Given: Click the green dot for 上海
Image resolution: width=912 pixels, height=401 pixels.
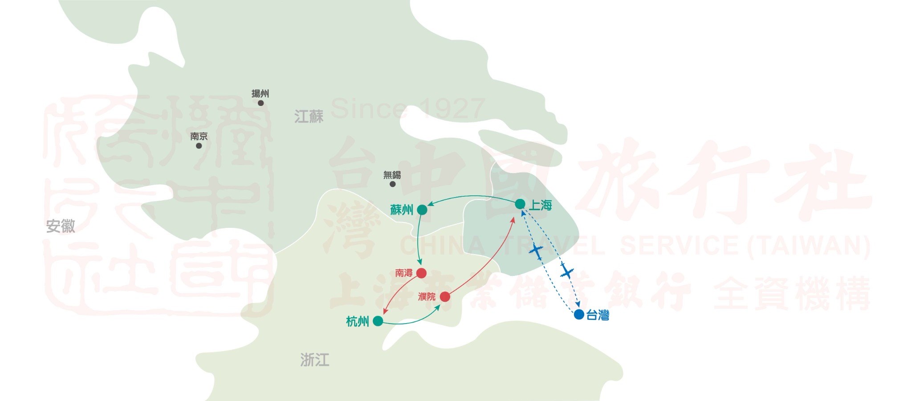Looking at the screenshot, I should pyautogui.click(x=520, y=204).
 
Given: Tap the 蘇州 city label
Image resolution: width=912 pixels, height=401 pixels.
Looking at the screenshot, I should pyautogui.click(x=402, y=210).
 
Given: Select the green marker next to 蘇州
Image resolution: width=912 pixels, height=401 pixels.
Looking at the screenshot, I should pyautogui.click(x=422, y=210).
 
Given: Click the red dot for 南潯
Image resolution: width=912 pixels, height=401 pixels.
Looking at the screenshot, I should pyautogui.click(x=421, y=273).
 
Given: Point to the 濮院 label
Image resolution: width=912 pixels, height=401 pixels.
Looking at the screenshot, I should pyautogui.click(x=427, y=296).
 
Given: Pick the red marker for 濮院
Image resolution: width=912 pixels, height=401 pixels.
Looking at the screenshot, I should pyautogui.click(x=445, y=296).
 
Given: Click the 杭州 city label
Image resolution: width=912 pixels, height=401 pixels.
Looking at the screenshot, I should pyautogui.click(x=358, y=321).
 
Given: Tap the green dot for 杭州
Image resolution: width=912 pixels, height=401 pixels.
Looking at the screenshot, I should pyautogui.click(x=378, y=321).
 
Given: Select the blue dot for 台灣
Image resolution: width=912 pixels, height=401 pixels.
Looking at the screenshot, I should pyautogui.click(x=579, y=315).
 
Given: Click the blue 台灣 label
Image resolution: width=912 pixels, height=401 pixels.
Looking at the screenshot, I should pyautogui.click(x=598, y=315).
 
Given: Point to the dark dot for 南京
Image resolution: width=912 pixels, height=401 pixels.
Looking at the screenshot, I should pyautogui.click(x=199, y=146).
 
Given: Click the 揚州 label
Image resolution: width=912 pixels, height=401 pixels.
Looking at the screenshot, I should pyautogui.click(x=260, y=93).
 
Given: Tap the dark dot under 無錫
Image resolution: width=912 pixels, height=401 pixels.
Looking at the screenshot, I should pyautogui.click(x=392, y=184).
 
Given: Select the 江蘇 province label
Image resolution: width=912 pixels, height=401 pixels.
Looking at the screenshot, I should pyautogui.click(x=309, y=117).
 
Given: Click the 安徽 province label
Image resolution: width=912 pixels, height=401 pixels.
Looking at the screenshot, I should pyautogui.click(x=61, y=226).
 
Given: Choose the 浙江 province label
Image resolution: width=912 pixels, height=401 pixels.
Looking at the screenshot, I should pyautogui.click(x=315, y=360).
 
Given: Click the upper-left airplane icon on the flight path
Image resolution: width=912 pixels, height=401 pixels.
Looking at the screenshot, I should pyautogui.click(x=537, y=251).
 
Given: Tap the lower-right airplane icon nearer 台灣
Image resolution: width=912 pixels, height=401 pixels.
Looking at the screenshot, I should pyautogui.click(x=566, y=271).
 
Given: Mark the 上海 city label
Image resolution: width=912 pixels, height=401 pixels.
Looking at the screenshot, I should pyautogui.click(x=541, y=205).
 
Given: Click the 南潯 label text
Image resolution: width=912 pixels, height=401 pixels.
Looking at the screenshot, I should pyautogui.click(x=404, y=273).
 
